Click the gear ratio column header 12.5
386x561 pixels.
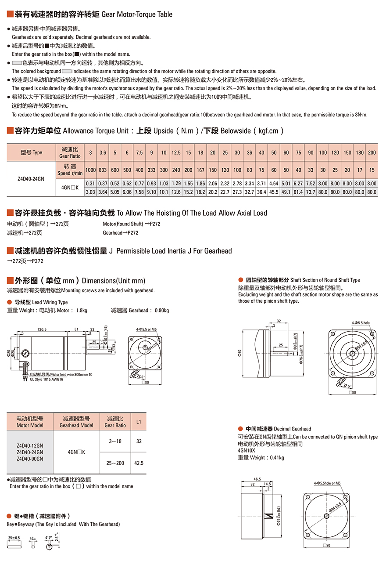pos(176,152)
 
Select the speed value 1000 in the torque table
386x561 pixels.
pos(91,170)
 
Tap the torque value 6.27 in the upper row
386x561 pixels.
pos(298,183)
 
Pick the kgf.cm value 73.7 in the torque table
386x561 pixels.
pos(311,192)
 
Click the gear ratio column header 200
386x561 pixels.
pos(372,152)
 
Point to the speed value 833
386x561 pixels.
pos(103,170)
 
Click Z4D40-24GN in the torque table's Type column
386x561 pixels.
pos(30,179)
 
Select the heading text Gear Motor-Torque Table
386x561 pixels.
pos(137,14)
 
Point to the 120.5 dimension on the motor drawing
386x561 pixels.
pos(42,329)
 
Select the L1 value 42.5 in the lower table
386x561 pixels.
pos(139,463)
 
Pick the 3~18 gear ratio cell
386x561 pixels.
pos(115,441)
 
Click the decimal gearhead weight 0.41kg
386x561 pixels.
pos(275,457)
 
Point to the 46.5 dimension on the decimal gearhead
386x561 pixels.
pos(257,479)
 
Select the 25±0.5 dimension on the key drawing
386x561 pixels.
pos(14,538)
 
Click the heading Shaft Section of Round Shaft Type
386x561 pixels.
pos(325,280)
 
